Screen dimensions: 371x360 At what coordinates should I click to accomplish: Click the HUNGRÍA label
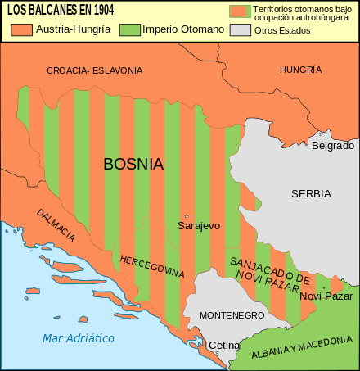point(295,70)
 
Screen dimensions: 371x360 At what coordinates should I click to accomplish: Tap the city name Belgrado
point(333,145)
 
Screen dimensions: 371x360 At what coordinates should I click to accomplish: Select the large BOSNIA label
point(133,164)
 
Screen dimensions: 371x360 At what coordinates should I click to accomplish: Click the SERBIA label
point(311,194)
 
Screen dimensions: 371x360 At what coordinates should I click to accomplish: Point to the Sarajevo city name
point(200,225)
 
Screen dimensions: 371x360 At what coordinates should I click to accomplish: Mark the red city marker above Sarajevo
point(187,215)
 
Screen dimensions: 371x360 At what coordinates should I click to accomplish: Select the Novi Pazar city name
point(326,296)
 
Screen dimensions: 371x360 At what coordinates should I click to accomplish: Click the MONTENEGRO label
point(232,315)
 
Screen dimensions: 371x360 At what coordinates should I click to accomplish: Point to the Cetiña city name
point(224,346)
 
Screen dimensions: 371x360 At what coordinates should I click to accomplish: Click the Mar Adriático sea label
point(79,337)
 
